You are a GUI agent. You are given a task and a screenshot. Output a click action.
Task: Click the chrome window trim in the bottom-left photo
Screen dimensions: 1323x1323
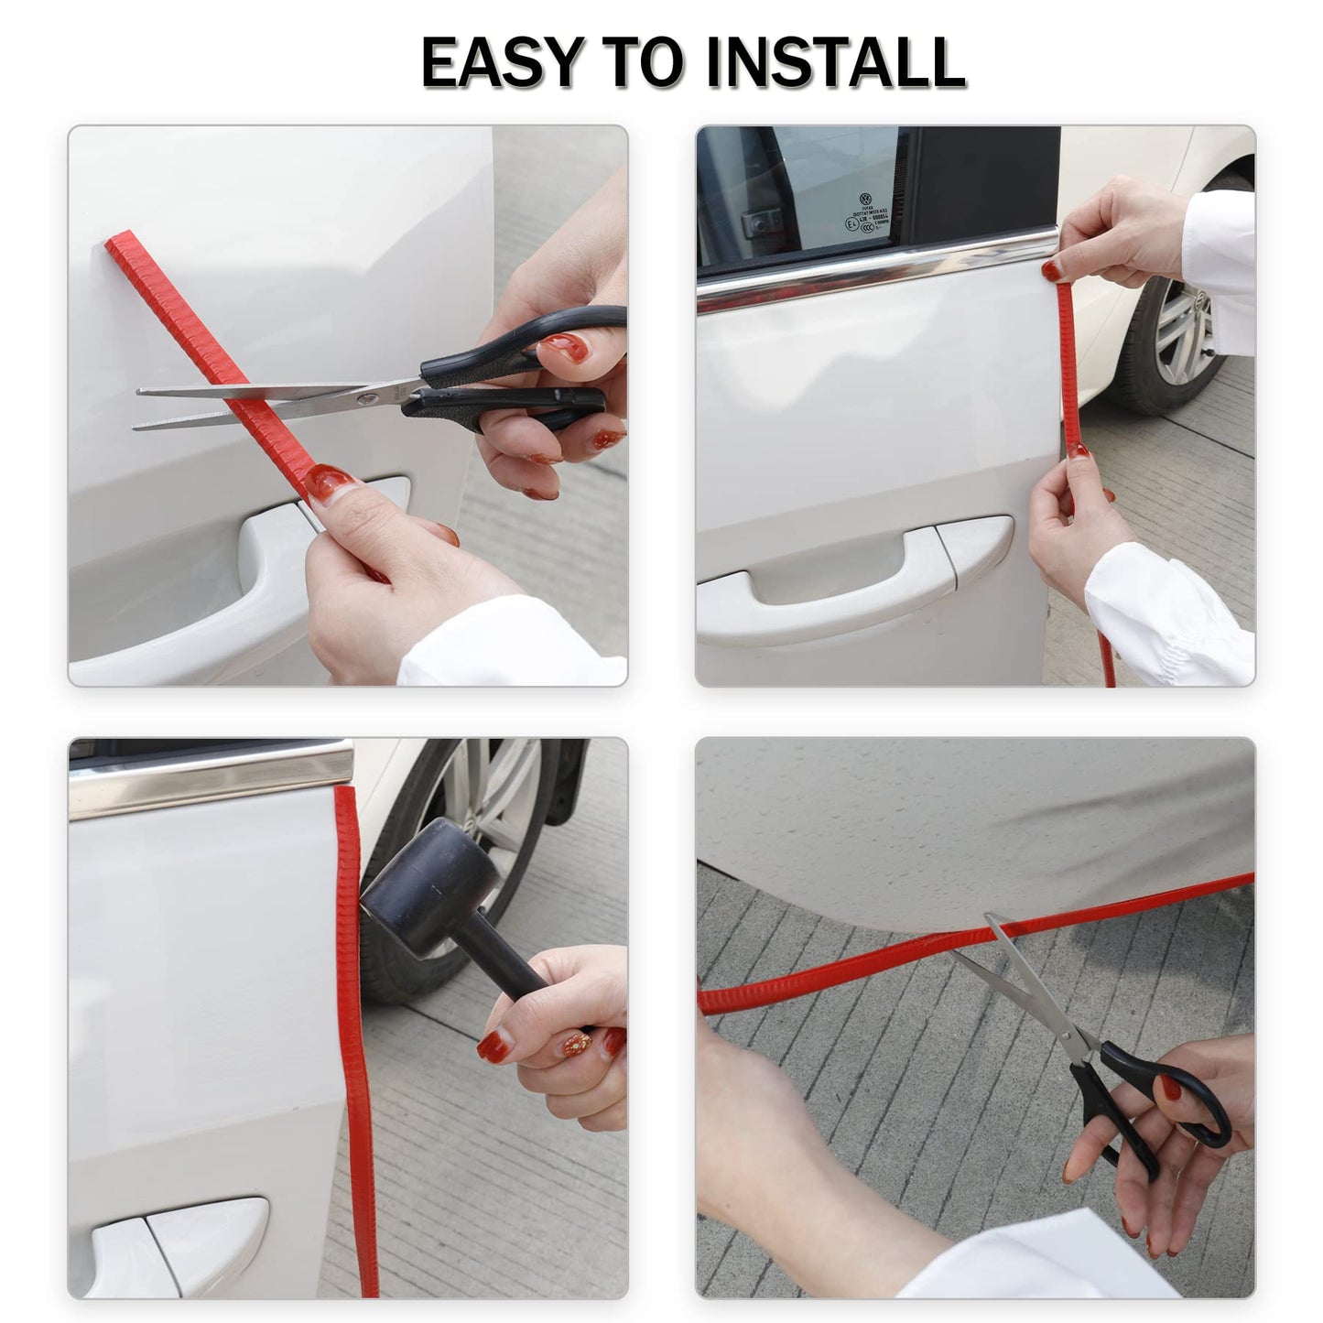pos(211,778)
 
